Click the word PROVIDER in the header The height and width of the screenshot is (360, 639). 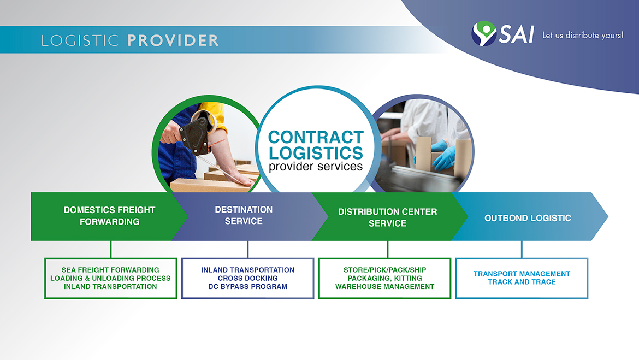coord(173,40)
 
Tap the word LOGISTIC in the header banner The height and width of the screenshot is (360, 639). coord(80,40)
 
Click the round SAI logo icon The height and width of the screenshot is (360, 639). coord(484,34)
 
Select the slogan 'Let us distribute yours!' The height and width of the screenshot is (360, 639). coord(582,36)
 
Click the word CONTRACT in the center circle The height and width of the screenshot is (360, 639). coord(316,137)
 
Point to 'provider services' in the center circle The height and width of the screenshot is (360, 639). coord(316,166)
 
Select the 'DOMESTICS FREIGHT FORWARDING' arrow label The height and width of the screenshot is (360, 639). coord(109,216)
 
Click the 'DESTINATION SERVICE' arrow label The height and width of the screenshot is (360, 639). coord(244,215)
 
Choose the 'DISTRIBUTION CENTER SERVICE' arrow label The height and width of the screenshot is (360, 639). coord(387,217)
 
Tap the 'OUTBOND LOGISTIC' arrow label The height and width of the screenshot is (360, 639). coord(528,218)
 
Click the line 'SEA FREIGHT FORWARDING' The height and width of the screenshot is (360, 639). coord(110,270)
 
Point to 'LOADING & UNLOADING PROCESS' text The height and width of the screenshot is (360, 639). coord(110,278)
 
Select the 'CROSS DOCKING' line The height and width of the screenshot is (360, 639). coord(247,278)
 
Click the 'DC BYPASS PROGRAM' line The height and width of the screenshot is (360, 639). coord(247,286)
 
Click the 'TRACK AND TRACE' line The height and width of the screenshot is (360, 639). coord(522,282)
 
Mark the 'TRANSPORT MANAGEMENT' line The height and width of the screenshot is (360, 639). coord(522,274)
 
